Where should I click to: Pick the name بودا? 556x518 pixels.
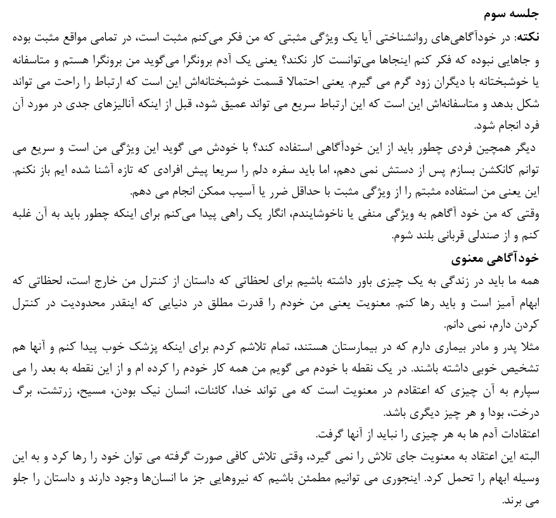point(490,412)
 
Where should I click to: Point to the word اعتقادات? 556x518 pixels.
point(516,434)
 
